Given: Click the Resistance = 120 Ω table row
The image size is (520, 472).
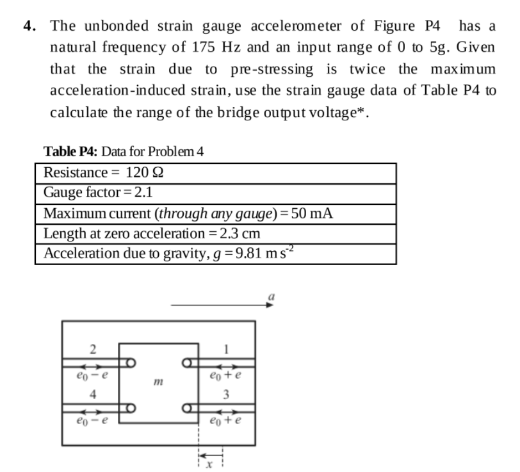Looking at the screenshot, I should coord(105,173).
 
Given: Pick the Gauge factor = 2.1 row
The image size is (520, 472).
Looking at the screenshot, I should coord(97,193).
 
